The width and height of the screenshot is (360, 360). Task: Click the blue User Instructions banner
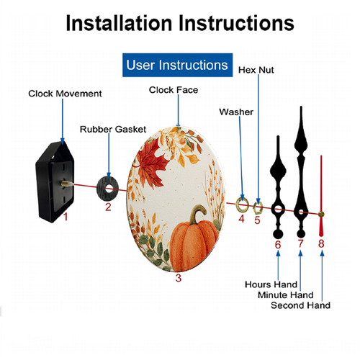(x=177, y=65)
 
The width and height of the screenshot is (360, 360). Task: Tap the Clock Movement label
(x=65, y=94)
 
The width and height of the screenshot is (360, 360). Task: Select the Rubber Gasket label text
(x=113, y=130)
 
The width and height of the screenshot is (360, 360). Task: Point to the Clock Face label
(x=174, y=90)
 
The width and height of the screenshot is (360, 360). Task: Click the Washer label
(x=236, y=112)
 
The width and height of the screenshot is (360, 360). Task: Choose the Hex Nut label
(x=256, y=70)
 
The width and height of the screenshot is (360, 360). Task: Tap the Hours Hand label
(x=271, y=284)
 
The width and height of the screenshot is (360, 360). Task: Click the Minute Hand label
(x=286, y=295)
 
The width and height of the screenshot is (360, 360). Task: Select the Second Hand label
(x=300, y=305)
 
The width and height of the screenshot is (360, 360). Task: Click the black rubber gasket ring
(x=101, y=189)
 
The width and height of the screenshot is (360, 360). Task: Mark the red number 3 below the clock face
(x=179, y=278)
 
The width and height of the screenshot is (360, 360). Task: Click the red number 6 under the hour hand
(x=278, y=245)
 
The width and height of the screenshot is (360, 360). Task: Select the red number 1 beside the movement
(x=66, y=217)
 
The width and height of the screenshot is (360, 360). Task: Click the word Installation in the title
(x=119, y=23)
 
